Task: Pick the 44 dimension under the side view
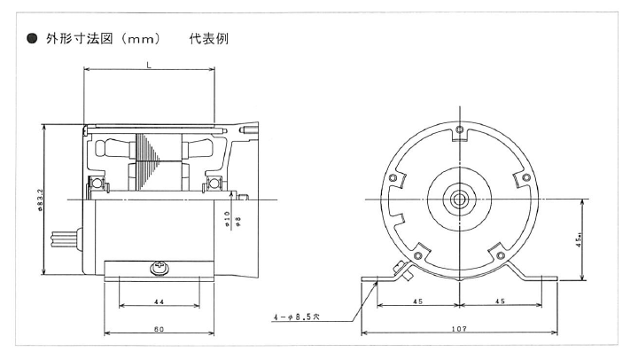pyautogui.click(x=159, y=302)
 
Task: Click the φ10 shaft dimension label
pyautogui.click(x=228, y=217)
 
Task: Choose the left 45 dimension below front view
pyautogui.click(x=418, y=301)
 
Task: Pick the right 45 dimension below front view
pyautogui.click(x=499, y=301)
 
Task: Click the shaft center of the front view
pyautogui.click(x=460, y=198)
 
